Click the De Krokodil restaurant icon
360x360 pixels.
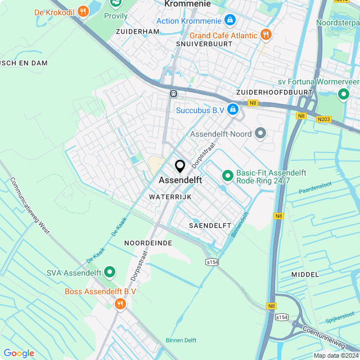83,11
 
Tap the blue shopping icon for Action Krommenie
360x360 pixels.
229,21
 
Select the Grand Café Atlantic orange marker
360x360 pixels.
267,35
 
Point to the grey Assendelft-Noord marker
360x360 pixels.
260,134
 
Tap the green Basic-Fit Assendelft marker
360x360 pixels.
228,176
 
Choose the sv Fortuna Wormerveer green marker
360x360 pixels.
343,94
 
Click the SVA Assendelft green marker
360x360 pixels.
110,273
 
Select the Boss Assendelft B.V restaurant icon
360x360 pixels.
120,304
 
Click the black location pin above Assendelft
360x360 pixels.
180,166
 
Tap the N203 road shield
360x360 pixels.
323,119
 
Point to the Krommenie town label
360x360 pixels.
187,4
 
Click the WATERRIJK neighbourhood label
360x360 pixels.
170,197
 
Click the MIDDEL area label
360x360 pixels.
305,274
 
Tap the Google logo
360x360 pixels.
19,353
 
